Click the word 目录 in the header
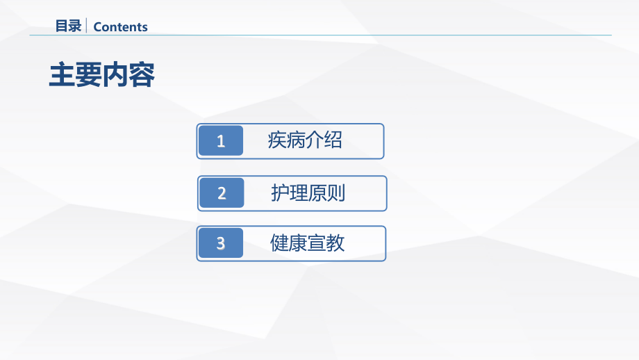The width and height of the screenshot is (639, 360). point(68,26)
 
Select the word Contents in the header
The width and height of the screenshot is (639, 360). point(120,27)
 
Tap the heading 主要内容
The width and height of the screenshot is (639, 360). point(101,75)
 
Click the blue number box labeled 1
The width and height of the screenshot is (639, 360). point(221,141)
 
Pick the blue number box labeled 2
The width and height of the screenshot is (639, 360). point(222,193)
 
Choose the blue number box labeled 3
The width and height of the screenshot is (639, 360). point(221,243)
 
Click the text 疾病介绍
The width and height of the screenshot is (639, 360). point(305,140)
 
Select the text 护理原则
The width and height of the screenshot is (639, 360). point(308,193)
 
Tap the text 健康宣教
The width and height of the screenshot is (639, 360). point(307,243)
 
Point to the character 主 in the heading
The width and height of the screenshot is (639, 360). point(62,75)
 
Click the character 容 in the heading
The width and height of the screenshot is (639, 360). point(142,75)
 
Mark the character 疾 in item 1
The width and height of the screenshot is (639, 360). point(277,140)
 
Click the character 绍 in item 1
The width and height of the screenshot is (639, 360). point(333,140)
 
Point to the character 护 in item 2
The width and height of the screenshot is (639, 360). point(280,193)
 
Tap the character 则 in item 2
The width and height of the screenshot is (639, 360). point(336,193)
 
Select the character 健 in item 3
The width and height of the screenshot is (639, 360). point(279,243)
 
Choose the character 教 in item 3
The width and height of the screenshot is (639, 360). point(335,243)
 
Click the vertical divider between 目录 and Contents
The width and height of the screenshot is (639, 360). point(86,26)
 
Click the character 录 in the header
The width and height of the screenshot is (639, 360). point(75,26)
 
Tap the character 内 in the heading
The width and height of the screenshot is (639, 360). point(115,75)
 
